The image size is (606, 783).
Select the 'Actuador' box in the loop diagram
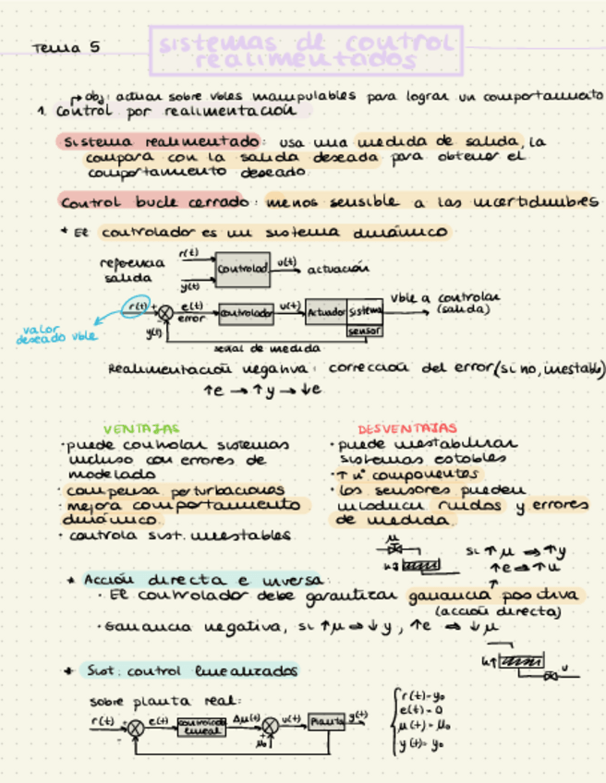[326, 313]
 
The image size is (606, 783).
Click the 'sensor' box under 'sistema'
[364, 330]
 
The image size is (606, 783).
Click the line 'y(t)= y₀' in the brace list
[418, 742]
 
